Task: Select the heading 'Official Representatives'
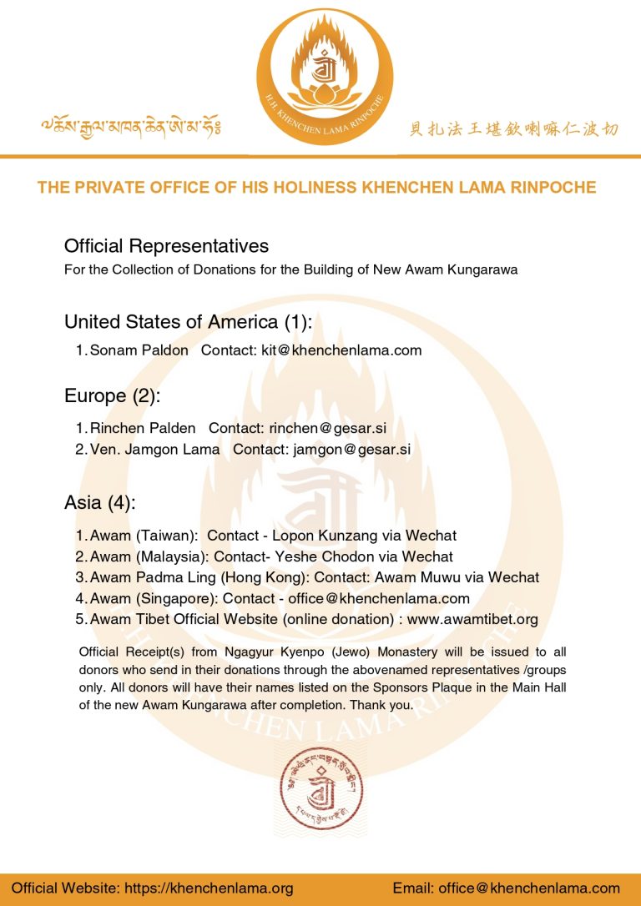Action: click(166, 246)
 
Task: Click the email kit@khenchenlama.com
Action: click(341, 350)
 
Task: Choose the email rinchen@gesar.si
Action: click(328, 428)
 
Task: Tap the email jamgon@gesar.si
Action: click(352, 449)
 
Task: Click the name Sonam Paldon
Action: click(139, 350)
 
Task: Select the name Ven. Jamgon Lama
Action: click(155, 449)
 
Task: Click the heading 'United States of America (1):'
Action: click(188, 322)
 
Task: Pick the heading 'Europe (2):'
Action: click(112, 395)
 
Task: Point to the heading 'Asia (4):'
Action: click(99, 502)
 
